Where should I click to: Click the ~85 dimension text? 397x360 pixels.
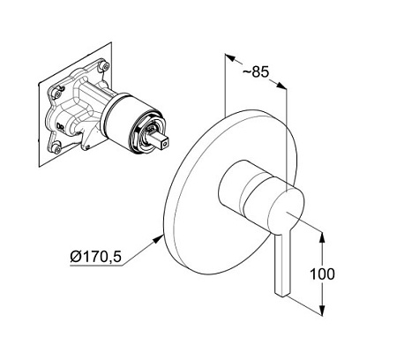pos(256,71)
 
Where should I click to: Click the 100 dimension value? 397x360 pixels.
pos(322,274)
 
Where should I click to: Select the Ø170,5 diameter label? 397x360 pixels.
pos(95,257)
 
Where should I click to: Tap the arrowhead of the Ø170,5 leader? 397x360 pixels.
pos(159,238)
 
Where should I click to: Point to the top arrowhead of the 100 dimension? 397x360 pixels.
pos(323,237)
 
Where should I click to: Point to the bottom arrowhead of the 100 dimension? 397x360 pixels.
pos(323,311)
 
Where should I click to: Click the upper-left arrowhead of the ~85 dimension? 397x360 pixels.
pos(230,57)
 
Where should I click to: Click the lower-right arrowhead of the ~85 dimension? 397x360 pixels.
pos(281,86)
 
